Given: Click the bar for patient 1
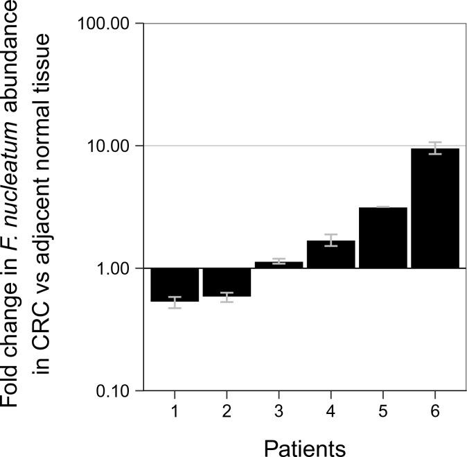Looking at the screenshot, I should [175, 284].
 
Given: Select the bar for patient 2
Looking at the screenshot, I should [227, 282].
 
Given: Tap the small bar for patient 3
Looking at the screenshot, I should [279, 265].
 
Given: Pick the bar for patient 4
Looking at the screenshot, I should [331, 255].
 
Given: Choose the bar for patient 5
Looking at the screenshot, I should [382, 237].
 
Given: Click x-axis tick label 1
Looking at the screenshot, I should [175, 411].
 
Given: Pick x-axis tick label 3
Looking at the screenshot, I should [279, 411].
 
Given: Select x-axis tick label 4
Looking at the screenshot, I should [331, 411].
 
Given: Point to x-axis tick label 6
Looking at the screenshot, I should [434, 411].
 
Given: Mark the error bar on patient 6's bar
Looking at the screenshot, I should [434, 148].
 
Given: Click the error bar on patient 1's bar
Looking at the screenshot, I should [175, 302].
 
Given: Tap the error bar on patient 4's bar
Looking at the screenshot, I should [331, 240].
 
